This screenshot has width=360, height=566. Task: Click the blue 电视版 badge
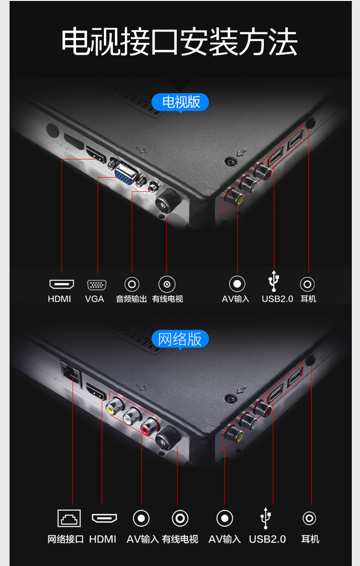click(x=180, y=102)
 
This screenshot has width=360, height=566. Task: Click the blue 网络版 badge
click(x=180, y=339)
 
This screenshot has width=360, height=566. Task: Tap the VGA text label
click(x=94, y=299)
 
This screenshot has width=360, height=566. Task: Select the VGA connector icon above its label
click(x=97, y=285)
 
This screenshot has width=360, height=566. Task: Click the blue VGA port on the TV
click(x=124, y=174)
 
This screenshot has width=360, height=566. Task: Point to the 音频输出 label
click(x=131, y=299)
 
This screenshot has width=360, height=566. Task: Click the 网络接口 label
click(x=66, y=539)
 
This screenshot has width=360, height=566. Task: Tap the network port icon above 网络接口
click(x=69, y=518)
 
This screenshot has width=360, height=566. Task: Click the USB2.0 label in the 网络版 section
click(x=267, y=539)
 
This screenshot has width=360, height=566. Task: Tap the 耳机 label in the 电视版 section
click(x=309, y=299)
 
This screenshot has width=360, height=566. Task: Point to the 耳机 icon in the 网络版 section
click(x=309, y=518)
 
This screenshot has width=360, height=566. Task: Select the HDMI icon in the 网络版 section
click(x=104, y=518)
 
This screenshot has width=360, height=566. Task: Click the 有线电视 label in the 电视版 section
click(x=167, y=299)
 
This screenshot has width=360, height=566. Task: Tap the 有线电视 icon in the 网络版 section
click(x=180, y=518)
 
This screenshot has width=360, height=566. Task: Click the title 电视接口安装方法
click(x=180, y=42)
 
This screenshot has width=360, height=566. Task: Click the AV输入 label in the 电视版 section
click(x=236, y=299)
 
